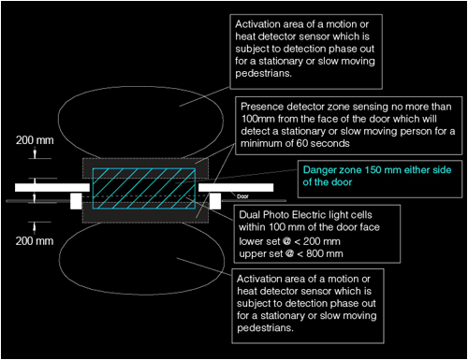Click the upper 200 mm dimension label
pyautogui.click(x=35, y=140)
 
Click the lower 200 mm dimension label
pyautogui.click(x=35, y=241)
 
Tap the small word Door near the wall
pyautogui.click(x=242, y=196)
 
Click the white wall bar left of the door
pyautogui.click(x=52, y=187)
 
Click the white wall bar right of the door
pyautogui.click(x=236, y=187)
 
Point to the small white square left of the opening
pyautogui.click(x=76, y=201)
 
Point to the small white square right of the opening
pyautogui.click(x=215, y=201)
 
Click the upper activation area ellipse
pyautogui.click(x=140, y=86)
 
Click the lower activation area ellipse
pyautogui.click(x=142, y=294)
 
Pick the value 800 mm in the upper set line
pyautogui.click(x=325, y=253)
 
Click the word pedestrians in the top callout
pyautogui.click(x=264, y=74)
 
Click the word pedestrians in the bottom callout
pyautogui.click(x=265, y=328)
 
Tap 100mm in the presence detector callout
pyautogui.click(x=257, y=119)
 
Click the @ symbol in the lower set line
pyautogui.click(x=286, y=241)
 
